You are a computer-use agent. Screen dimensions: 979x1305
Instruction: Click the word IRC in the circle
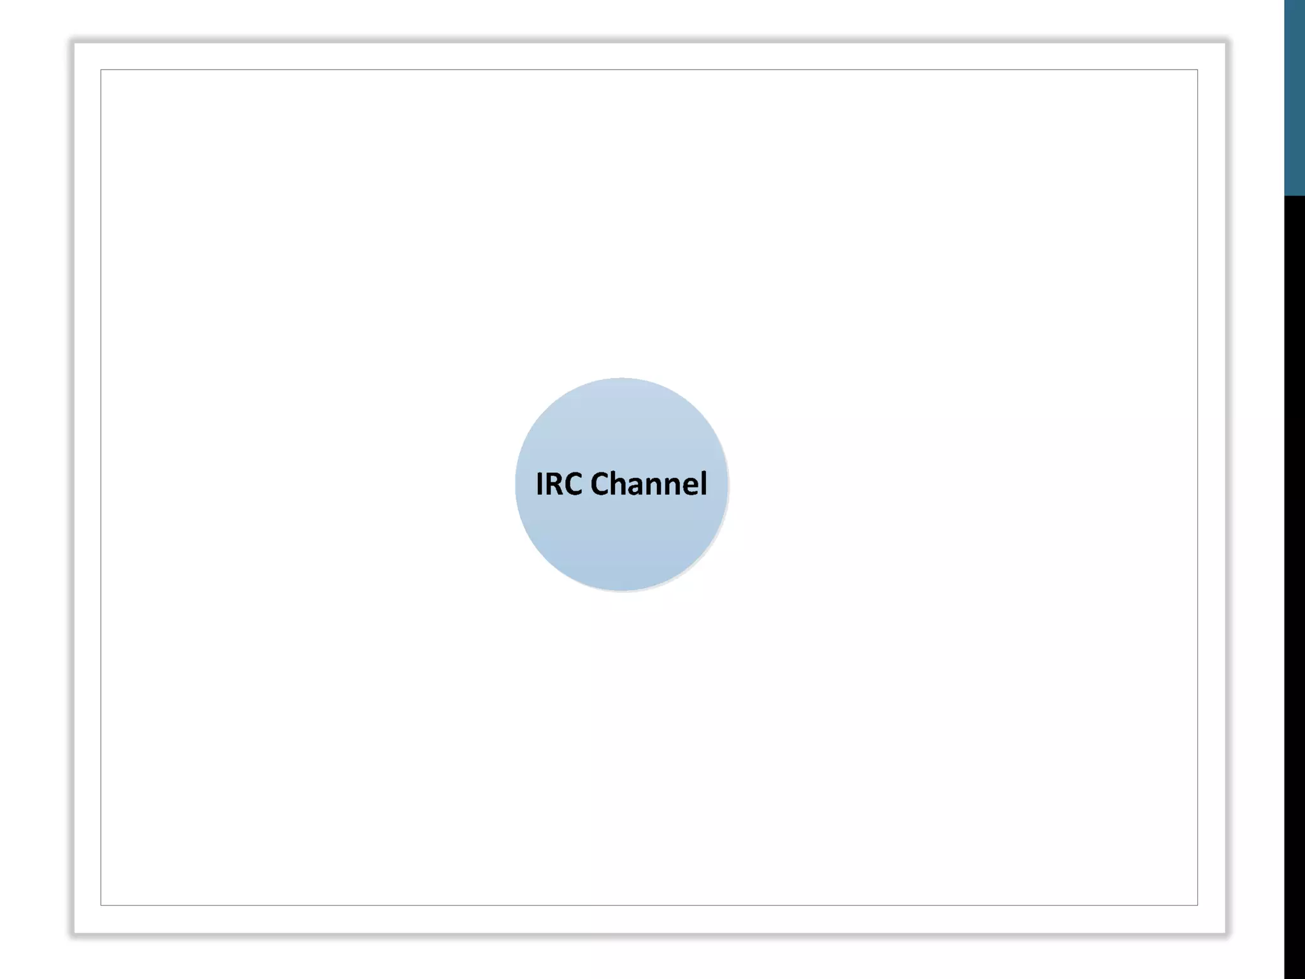point(559,484)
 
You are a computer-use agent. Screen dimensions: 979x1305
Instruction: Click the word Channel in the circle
point(649,484)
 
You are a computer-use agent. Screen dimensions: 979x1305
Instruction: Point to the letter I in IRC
point(540,484)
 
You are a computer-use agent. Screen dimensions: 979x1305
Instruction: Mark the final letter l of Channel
point(704,484)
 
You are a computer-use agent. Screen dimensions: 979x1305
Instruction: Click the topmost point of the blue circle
point(621,379)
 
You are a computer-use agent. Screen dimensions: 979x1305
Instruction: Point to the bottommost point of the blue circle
point(621,591)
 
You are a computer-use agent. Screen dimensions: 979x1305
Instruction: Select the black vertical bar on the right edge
point(1294,586)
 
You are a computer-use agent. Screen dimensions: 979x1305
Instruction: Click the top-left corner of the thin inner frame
point(101,69)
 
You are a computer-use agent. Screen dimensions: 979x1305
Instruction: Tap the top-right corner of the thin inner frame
point(1197,69)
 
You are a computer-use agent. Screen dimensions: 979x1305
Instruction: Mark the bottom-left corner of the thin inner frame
point(101,905)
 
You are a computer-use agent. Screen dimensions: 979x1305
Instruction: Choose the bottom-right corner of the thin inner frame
point(1197,905)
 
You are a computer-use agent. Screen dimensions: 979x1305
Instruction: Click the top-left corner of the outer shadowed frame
point(74,43)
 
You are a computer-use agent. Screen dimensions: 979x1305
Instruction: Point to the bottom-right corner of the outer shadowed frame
point(1226,934)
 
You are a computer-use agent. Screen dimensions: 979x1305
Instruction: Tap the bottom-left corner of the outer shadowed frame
point(74,934)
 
